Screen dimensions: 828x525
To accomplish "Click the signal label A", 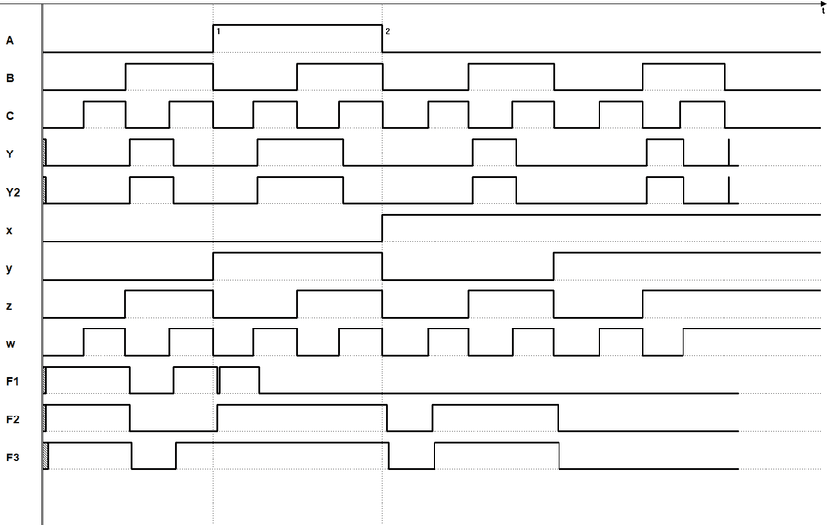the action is click(x=10, y=40).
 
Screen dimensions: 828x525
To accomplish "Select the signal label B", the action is click(x=10, y=78).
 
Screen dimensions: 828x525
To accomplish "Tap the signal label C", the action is click(x=10, y=116).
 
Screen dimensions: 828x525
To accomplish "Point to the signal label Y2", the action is click(x=12, y=193).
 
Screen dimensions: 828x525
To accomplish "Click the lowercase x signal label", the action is click(x=10, y=231).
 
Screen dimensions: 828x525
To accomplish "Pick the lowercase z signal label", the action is click(x=10, y=307).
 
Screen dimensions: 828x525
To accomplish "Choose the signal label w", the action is click(x=10, y=345).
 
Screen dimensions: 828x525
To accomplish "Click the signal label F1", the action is click(x=13, y=381).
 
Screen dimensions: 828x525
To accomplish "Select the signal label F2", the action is click(x=13, y=419).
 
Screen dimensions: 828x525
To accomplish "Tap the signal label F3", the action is click(x=13, y=458).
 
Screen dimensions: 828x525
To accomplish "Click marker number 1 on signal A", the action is click(x=218, y=32).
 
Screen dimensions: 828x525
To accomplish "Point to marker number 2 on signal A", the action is click(x=387, y=32).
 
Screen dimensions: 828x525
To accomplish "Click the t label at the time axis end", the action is click(x=823, y=10).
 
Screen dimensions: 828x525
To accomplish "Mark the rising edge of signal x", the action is click(x=382, y=227).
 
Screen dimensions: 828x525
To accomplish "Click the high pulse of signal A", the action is click(x=297, y=25).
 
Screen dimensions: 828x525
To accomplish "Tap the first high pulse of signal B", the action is click(x=168, y=64).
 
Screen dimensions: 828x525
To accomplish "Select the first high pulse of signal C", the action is click(x=104, y=101).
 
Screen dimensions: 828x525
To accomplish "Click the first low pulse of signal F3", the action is click(x=153, y=469).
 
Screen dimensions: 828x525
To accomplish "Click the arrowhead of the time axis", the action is click(x=823, y=3).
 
